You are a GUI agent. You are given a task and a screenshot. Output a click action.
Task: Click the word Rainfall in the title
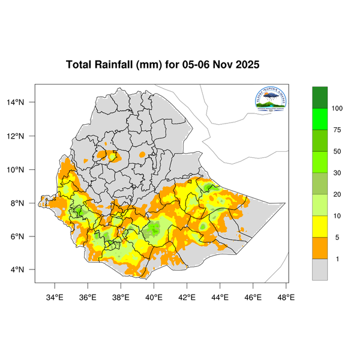click(116, 65)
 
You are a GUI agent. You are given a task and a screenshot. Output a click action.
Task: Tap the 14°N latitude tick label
click(23, 103)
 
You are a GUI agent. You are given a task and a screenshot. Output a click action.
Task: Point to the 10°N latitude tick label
click(23, 170)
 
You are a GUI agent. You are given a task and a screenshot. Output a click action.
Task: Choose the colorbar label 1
click(336, 259)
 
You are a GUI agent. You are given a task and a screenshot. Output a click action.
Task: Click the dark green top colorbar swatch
click(320, 97)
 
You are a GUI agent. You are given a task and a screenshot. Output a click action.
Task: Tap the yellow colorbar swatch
click(320, 226)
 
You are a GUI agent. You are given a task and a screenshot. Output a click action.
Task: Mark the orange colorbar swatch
click(320, 248)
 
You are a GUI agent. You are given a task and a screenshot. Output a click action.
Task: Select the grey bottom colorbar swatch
click(320, 269)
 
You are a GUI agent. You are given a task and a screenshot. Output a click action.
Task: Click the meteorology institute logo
click(271, 101)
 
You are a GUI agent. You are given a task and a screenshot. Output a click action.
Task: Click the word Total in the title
click(79, 65)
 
